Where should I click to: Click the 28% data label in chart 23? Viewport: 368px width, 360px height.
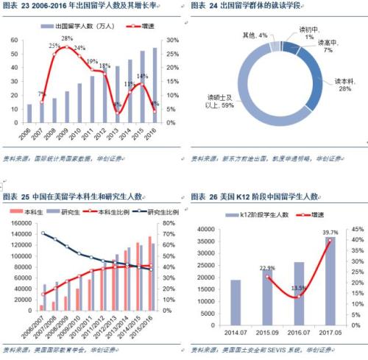[66, 38]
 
